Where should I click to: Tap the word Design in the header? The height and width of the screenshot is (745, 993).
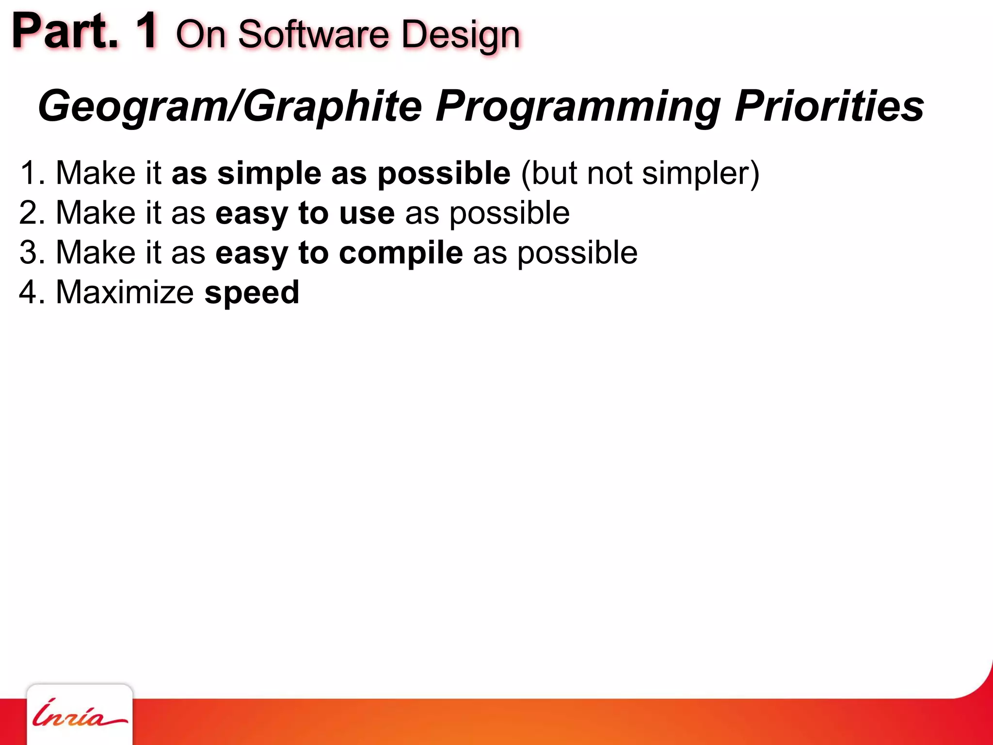[x=461, y=35]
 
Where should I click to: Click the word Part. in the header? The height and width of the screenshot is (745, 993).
[x=65, y=32]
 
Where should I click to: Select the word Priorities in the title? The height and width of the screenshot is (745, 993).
[x=829, y=106]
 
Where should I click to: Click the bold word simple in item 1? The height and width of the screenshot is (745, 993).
[x=269, y=173]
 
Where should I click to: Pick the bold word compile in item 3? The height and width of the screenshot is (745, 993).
[x=400, y=253]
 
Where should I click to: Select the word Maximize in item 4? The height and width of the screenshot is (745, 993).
[x=125, y=292]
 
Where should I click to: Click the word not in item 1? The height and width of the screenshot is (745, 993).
[x=609, y=173]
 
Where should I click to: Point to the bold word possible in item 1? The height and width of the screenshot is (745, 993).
[x=444, y=173]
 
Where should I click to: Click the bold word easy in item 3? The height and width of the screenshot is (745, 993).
[x=252, y=254]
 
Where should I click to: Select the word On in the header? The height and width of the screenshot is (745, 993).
[x=201, y=35]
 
